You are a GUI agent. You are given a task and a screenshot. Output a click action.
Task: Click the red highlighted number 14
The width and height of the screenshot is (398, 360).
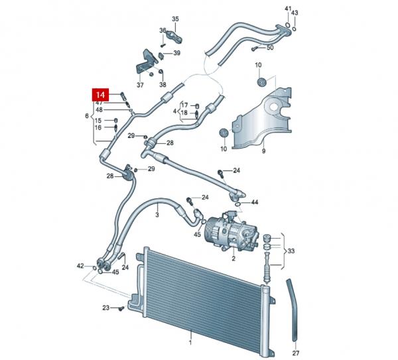point(100,94)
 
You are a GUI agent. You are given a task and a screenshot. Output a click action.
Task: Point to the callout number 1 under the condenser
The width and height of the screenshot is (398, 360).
point(190,343)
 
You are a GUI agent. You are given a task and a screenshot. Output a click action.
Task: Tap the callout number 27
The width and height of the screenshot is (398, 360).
point(296,353)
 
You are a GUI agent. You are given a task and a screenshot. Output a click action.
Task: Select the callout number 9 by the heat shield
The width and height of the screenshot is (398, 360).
point(263,152)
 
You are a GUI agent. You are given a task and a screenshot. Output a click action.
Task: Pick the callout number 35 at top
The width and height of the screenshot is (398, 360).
point(176,19)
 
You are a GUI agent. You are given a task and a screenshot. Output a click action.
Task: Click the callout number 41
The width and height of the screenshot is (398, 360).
point(288,8)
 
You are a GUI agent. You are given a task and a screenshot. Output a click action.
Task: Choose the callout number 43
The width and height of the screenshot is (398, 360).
point(295,13)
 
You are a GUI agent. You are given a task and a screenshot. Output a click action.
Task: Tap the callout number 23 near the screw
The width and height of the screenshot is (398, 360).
point(105,308)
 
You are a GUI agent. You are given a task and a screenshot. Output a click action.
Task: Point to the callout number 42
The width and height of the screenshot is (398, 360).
point(80,266)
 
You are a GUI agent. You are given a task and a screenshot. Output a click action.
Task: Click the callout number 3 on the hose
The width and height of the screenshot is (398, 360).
point(157,214)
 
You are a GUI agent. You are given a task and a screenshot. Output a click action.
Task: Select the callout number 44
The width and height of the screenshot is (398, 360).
point(255,202)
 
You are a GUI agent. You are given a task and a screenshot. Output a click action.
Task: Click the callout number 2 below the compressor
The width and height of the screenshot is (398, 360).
point(233,258)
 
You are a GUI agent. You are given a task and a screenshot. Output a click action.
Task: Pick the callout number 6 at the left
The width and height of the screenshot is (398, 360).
point(86,116)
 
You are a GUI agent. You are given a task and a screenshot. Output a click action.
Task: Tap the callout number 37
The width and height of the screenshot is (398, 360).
point(140,85)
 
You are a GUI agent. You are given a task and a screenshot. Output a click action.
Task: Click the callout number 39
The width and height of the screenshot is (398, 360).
point(177,54)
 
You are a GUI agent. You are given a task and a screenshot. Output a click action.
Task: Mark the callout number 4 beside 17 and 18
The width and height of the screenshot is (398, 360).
point(175,111)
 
